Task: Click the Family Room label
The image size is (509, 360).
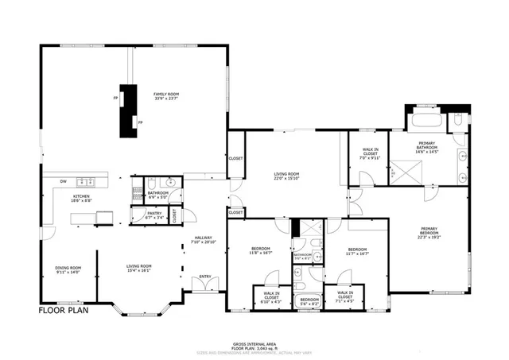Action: click(165, 96)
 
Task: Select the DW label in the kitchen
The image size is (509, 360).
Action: click(62, 181)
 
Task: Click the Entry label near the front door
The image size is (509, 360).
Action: click(205, 277)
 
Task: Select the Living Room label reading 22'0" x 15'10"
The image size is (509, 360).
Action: click(286, 176)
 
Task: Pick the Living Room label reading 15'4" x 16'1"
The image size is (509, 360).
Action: click(139, 268)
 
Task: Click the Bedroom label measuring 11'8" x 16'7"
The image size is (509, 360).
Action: click(261, 250)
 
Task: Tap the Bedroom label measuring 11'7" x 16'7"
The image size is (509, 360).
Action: click(356, 251)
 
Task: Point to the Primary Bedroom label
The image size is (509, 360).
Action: click(429, 233)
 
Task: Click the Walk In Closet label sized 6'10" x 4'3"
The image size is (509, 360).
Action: click(266, 300)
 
